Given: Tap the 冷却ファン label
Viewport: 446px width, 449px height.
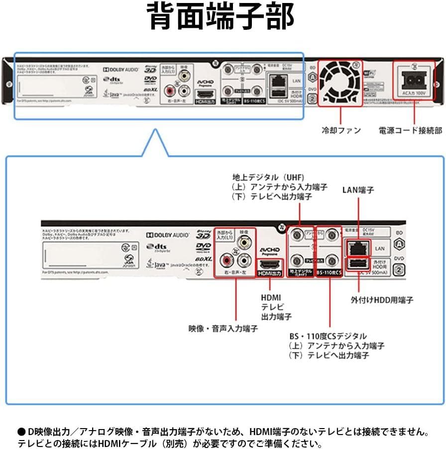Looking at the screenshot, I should tap(341, 130).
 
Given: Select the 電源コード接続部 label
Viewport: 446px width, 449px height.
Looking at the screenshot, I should tap(411, 130).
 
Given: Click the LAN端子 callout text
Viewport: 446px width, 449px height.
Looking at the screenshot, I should tap(358, 190).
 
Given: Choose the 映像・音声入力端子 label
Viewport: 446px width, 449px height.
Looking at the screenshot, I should tap(223, 329).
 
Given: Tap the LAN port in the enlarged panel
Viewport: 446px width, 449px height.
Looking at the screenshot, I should tap(357, 247).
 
